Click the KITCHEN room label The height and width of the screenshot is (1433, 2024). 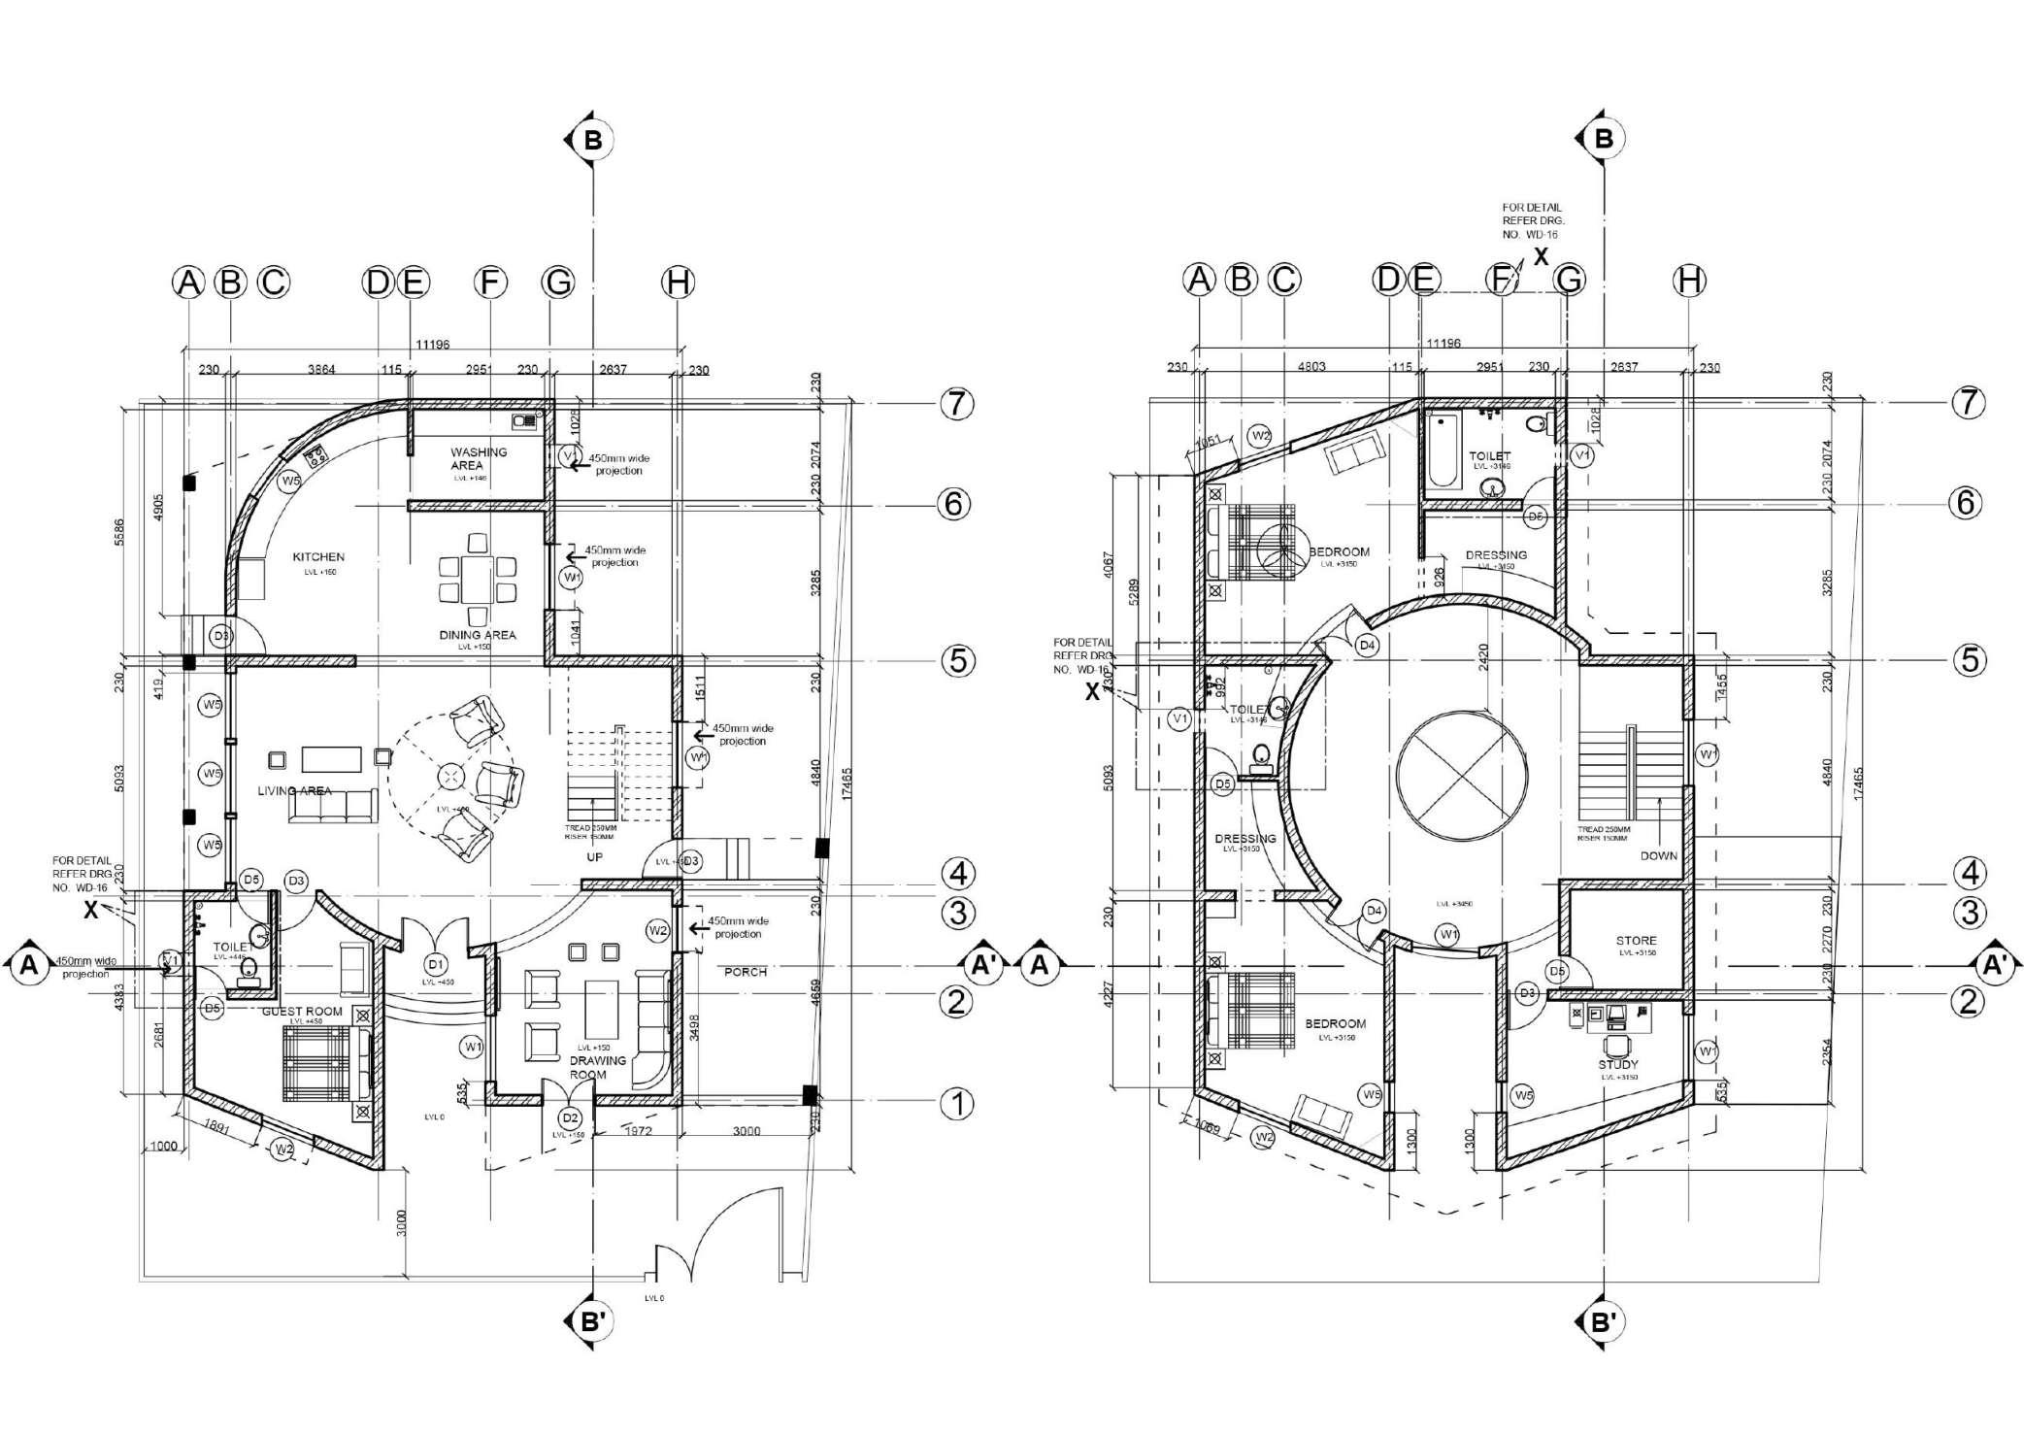(318, 557)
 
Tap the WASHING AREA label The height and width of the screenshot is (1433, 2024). (478, 458)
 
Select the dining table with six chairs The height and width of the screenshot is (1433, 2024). (478, 580)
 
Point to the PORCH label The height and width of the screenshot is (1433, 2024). (746, 972)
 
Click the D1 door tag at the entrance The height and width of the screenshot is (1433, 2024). (436, 964)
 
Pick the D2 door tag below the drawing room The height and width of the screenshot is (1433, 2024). (571, 1118)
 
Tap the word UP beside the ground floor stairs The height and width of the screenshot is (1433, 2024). (594, 857)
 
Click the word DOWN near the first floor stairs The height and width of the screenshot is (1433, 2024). (1658, 856)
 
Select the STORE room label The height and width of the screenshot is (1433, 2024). (1636, 941)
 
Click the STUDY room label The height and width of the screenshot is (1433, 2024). (1617, 1065)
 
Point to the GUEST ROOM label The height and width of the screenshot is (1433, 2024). (302, 1012)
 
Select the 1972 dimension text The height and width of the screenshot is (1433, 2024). (638, 1131)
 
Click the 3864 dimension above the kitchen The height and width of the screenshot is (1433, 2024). (321, 370)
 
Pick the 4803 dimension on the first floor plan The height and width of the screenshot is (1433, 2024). (1311, 367)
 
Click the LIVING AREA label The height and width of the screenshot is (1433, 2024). (294, 791)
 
